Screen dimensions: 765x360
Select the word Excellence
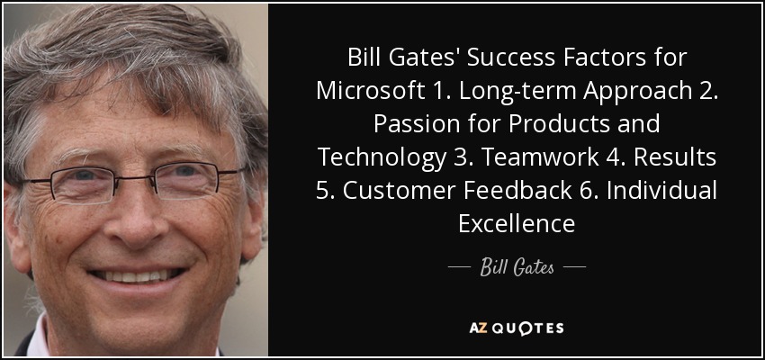[517, 224]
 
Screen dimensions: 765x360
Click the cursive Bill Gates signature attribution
[517, 268]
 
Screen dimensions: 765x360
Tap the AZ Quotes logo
[517, 328]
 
